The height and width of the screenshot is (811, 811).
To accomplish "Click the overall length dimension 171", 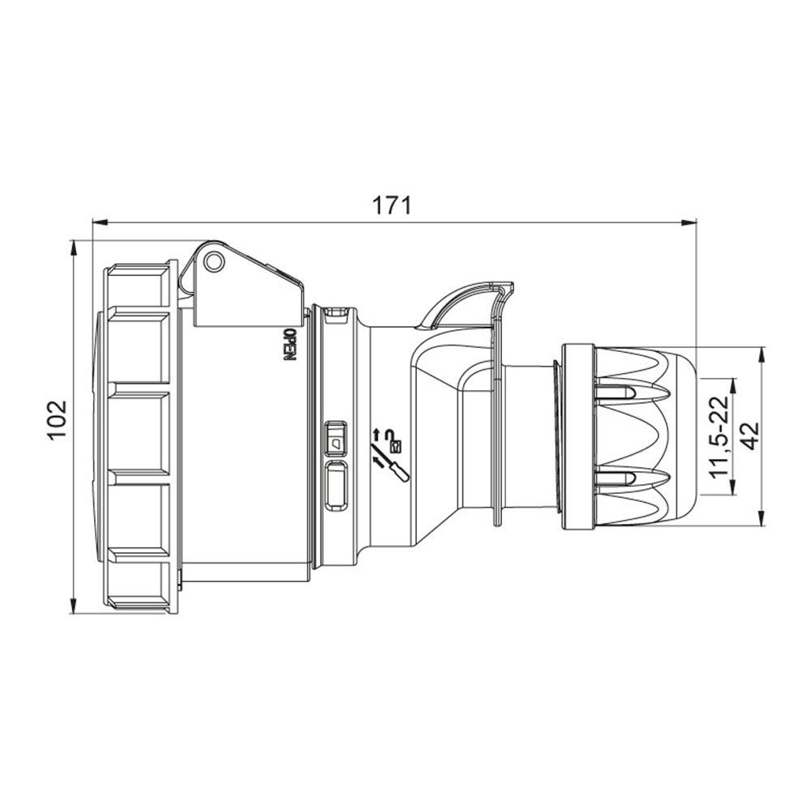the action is (x=392, y=205).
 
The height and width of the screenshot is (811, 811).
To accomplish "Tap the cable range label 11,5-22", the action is (x=719, y=436).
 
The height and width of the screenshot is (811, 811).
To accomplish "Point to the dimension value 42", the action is (x=749, y=436).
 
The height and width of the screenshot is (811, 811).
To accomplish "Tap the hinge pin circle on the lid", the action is (x=213, y=262).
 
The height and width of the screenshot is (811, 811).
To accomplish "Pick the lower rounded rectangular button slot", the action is (x=335, y=486).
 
